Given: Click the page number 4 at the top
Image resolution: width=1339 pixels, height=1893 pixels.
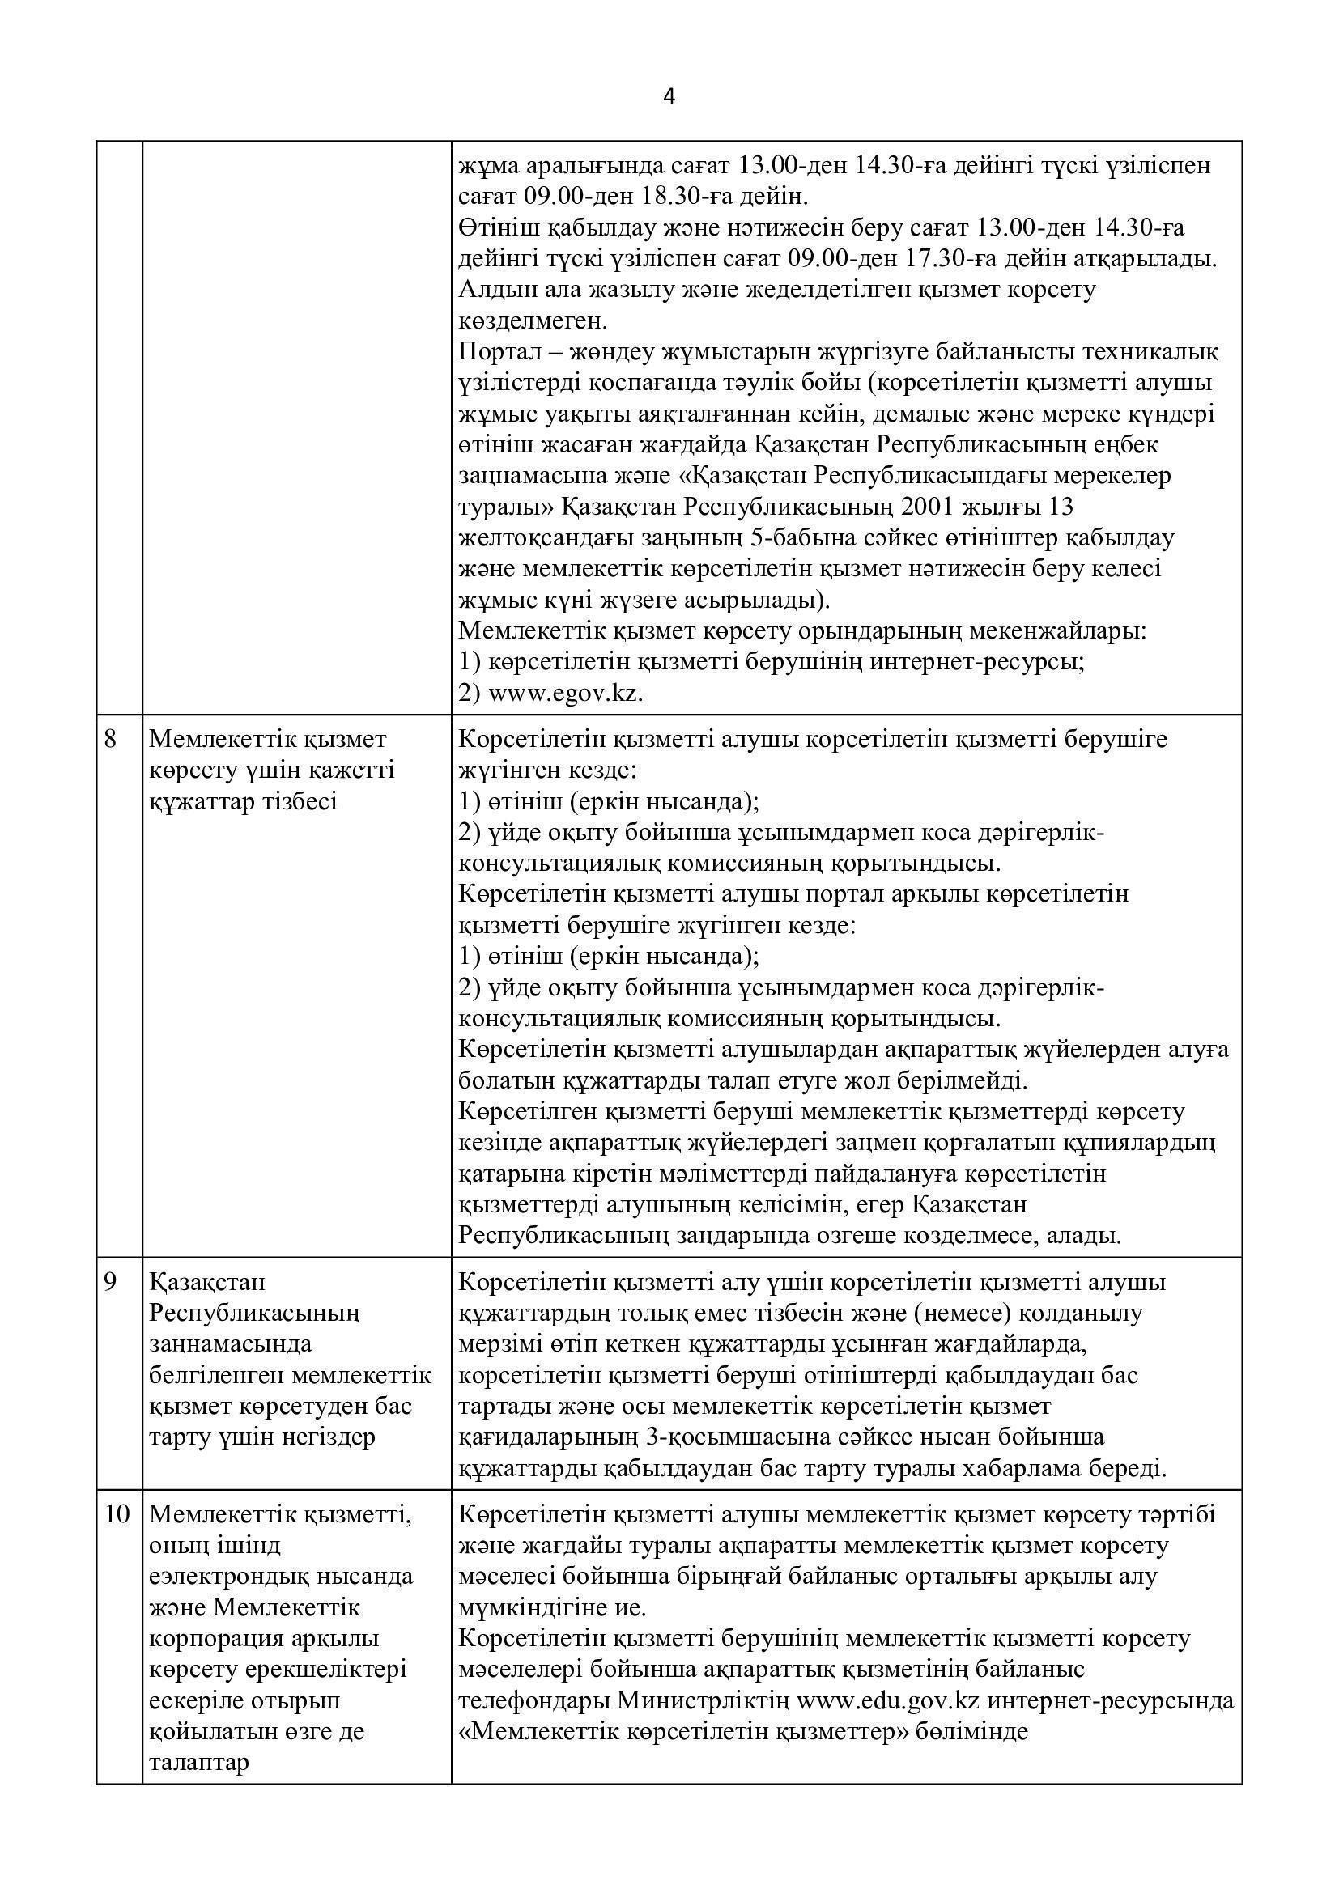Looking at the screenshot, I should click(669, 97).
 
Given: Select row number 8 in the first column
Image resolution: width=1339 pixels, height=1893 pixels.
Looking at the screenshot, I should click(110, 739).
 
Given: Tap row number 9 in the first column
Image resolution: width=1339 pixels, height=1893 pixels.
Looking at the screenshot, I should click(110, 1282).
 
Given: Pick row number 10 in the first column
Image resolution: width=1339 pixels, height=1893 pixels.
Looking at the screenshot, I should click(117, 1514).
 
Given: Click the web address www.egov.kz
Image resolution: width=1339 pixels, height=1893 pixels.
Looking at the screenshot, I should click(565, 694).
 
